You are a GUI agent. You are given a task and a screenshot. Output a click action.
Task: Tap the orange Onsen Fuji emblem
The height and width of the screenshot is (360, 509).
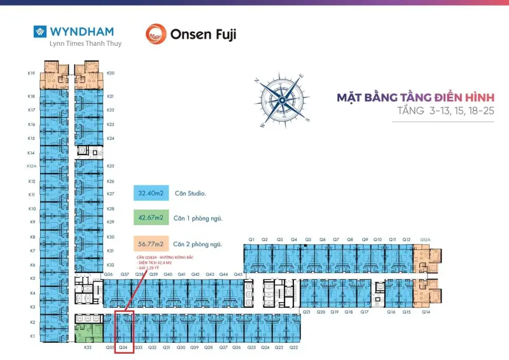click(x=156, y=34)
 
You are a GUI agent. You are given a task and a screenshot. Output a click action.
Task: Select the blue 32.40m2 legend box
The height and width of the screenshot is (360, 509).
click(x=151, y=193)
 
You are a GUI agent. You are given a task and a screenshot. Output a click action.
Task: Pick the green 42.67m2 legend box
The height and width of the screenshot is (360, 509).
click(x=151, y=218)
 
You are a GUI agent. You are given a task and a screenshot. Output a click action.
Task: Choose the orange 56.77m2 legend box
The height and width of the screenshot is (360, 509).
click(x=151, y=244)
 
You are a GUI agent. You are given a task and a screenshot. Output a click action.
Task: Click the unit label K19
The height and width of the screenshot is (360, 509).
click(x=31, y=73)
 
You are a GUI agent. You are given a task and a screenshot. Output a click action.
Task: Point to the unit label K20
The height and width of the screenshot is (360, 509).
click(x=111, y=73)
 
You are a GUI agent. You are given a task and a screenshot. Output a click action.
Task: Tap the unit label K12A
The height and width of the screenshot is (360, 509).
click(x=31, y=167)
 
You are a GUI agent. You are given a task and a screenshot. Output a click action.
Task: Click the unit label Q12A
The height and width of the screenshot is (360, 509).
click(x=425, y=240)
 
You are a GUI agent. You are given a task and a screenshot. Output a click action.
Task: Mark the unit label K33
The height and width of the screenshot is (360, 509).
click(x=88, y=348)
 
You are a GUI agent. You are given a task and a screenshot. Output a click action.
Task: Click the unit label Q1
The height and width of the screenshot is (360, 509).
click(x=252, y=240)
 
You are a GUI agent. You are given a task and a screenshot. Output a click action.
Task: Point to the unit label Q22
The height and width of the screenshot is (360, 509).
click(x=293, y=348)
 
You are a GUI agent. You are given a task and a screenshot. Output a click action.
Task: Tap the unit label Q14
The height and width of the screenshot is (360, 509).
click(x=426, y=312)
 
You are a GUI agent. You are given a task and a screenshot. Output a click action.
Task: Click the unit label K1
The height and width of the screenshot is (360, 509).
click(x=32, y=335)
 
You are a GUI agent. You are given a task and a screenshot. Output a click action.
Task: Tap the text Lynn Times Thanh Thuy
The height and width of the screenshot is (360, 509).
click(x=85, y=44)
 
